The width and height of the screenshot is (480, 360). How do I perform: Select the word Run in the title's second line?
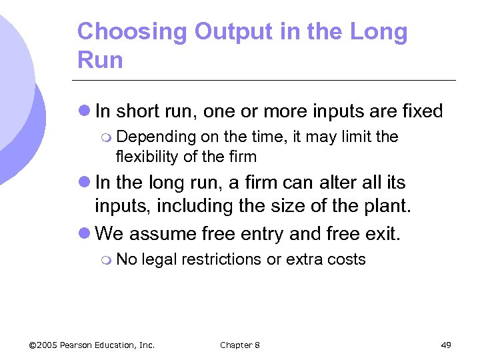click(x=100, y=60)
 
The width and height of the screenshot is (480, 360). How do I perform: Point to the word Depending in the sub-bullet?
click(x=155, y=137)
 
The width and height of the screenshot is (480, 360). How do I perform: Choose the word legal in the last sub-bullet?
click(x=160, y=259)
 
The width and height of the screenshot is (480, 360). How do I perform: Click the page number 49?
click(x=446, y=345)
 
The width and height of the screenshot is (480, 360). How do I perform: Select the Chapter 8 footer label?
click(x=240, y=345)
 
